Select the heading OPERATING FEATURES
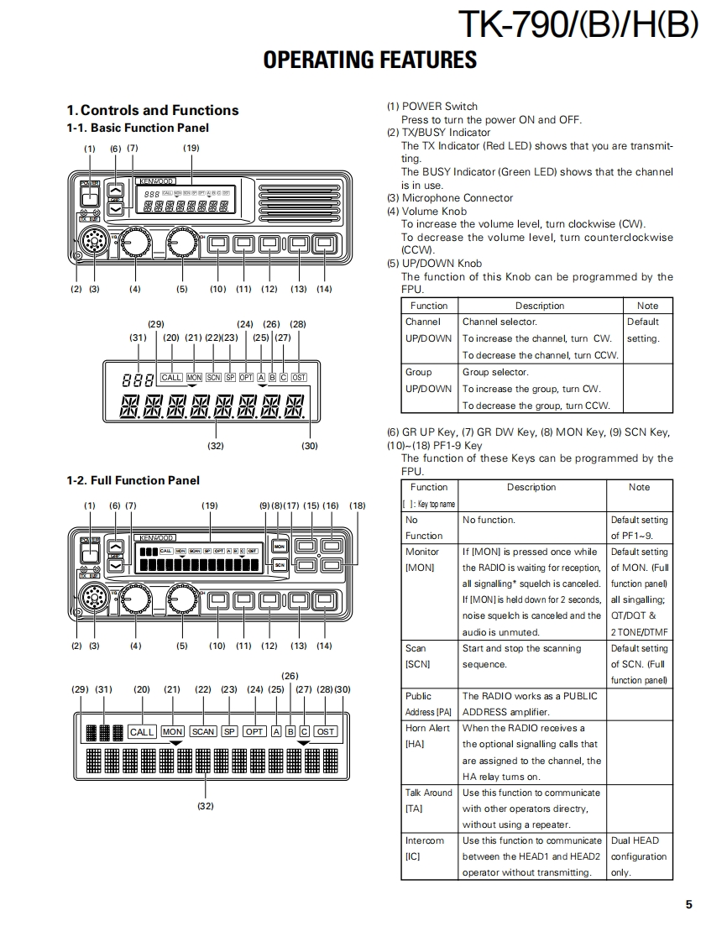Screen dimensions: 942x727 369,60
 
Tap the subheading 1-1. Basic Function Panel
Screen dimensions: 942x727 138,128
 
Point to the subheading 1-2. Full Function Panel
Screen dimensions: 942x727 133,481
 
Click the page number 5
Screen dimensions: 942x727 688,904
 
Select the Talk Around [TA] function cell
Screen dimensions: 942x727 428,800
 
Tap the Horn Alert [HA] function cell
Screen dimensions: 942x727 427,735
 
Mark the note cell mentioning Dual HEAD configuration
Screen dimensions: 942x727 638,856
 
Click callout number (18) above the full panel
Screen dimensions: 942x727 358,506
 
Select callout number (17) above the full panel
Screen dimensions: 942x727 291,506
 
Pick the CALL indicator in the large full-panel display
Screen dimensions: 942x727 142,731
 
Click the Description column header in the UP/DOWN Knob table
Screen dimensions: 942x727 539,306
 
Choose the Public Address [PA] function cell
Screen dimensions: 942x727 428,704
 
